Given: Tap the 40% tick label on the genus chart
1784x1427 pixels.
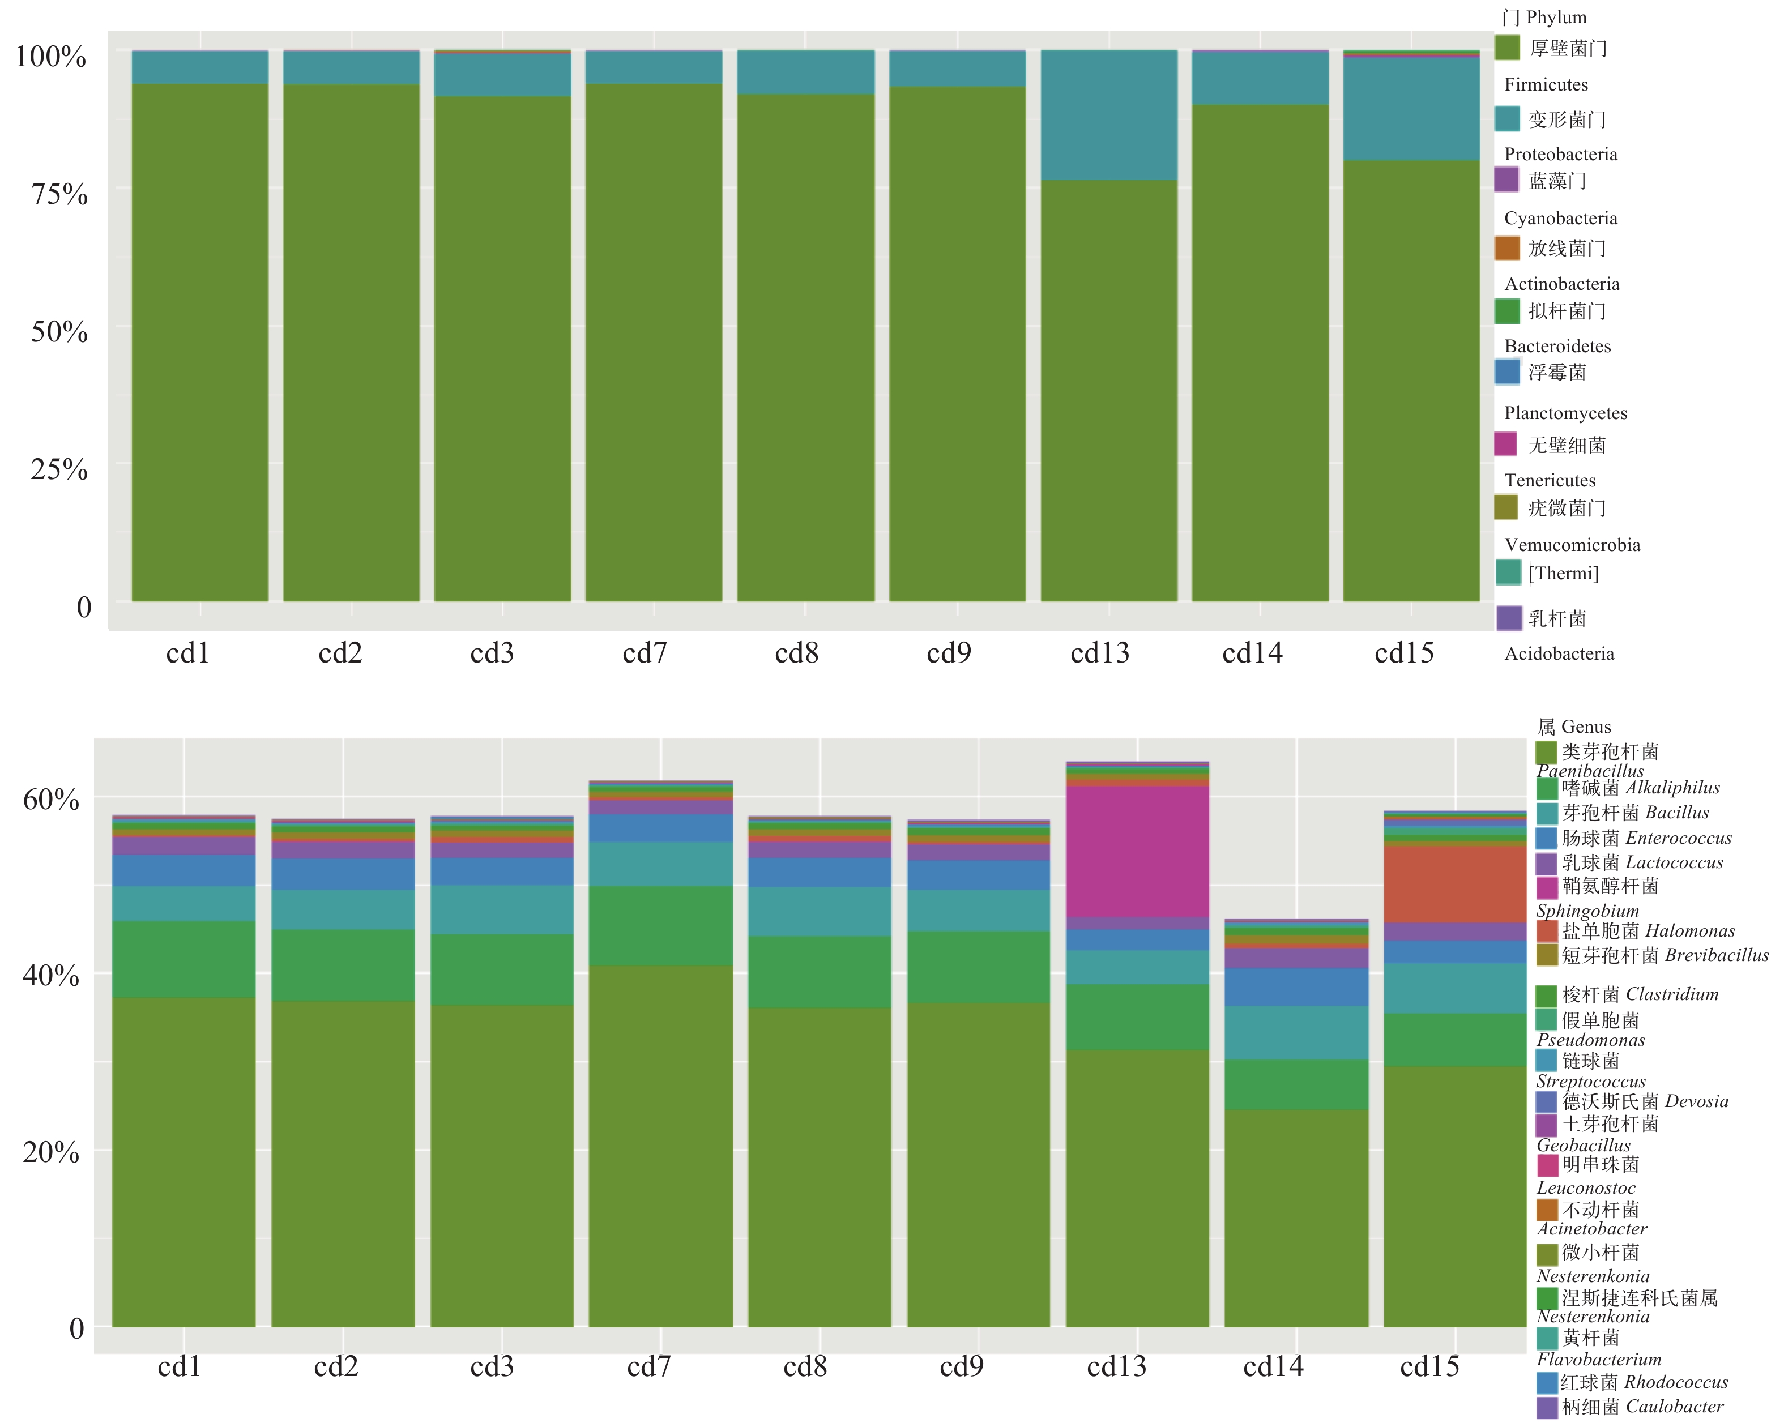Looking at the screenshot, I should pos(50,975).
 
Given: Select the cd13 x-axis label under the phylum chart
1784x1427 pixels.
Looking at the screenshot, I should pos(1100,653).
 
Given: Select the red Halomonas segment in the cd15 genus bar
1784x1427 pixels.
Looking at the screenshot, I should pos(1455,883).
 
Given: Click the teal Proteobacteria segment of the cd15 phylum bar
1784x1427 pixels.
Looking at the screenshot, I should pos(1411,108).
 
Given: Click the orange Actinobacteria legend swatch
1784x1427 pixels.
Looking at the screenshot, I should pos(1507,247).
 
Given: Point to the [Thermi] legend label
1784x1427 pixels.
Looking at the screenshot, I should pos(1563,573).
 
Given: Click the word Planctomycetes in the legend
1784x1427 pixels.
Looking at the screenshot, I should pos(1565,413).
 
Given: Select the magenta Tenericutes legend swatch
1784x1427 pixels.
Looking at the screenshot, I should pos(1505,444).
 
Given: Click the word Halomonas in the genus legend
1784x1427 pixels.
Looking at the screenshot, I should pos(1689,930).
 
